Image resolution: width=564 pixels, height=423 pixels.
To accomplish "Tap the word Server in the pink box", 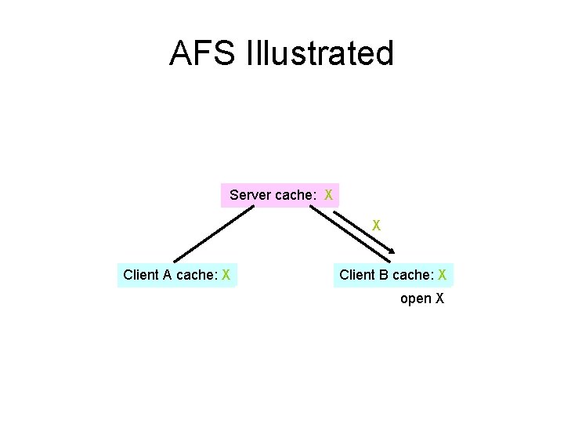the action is [250, 194].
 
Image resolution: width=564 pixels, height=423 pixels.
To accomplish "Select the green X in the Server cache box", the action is [329, 194].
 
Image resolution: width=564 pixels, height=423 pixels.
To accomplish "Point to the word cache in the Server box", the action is [294, 194].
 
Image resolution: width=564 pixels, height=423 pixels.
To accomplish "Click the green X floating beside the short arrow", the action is [376, 225].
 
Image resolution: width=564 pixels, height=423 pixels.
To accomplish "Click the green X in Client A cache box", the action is [226, 275].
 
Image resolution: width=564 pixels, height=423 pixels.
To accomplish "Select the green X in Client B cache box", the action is [443, 275].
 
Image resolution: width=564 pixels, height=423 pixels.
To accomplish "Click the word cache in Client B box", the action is [412, 275].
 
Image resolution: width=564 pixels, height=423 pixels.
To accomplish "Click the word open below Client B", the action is [416, 298].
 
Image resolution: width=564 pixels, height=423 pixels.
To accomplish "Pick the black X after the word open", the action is [439, 298].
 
